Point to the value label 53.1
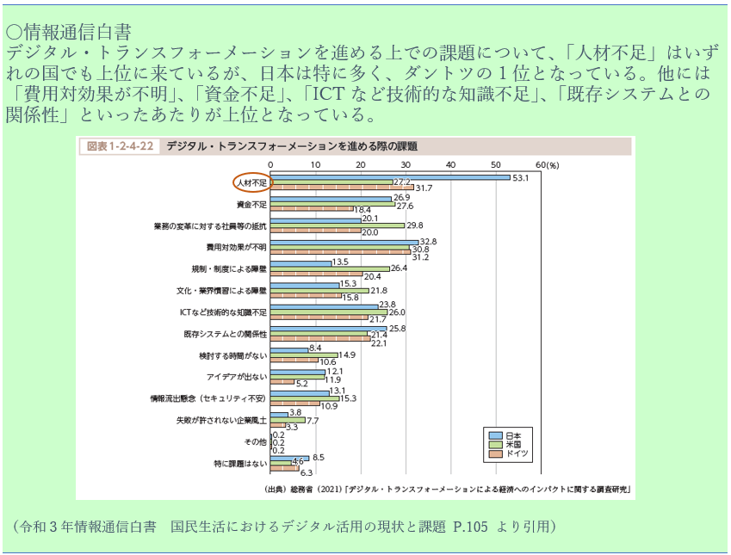[520, 178]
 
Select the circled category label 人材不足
[252, 183]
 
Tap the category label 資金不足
[252, 205]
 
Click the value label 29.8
[415, 225]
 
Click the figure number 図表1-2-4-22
[121, 146]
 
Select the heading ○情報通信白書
[68, 33]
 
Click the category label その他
[257, 441]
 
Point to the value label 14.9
[348, 355]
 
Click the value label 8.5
[319, 457]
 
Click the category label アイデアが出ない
[237, 377]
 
